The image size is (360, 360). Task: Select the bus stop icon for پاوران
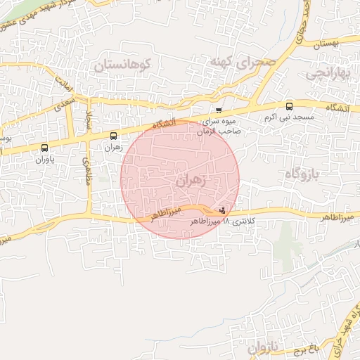point(45,148)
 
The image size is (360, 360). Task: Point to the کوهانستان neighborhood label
point(124,65)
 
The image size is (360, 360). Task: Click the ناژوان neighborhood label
point(263,347)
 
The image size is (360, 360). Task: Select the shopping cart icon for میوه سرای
point(219,110)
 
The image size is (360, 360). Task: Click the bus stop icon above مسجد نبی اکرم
point(290,106)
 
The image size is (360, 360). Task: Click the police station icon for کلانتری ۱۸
point(223,210)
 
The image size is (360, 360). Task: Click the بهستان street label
point(324,44)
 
